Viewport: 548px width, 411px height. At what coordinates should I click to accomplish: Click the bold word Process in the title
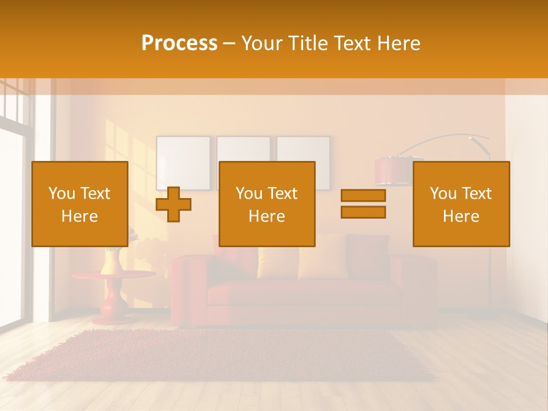tap(179, 43)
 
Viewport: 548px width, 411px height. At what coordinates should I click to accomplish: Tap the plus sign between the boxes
tap(174, 204)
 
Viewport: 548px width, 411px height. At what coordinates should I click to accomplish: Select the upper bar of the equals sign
tap(363, 195)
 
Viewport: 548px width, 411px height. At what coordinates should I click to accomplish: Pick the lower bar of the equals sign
tap(363, 212)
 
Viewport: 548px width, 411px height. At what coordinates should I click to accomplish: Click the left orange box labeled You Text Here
tap(79, 204)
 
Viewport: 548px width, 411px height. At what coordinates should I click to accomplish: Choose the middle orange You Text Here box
tap(267, 204)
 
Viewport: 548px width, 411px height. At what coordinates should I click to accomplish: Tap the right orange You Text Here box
tap(461, 204)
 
